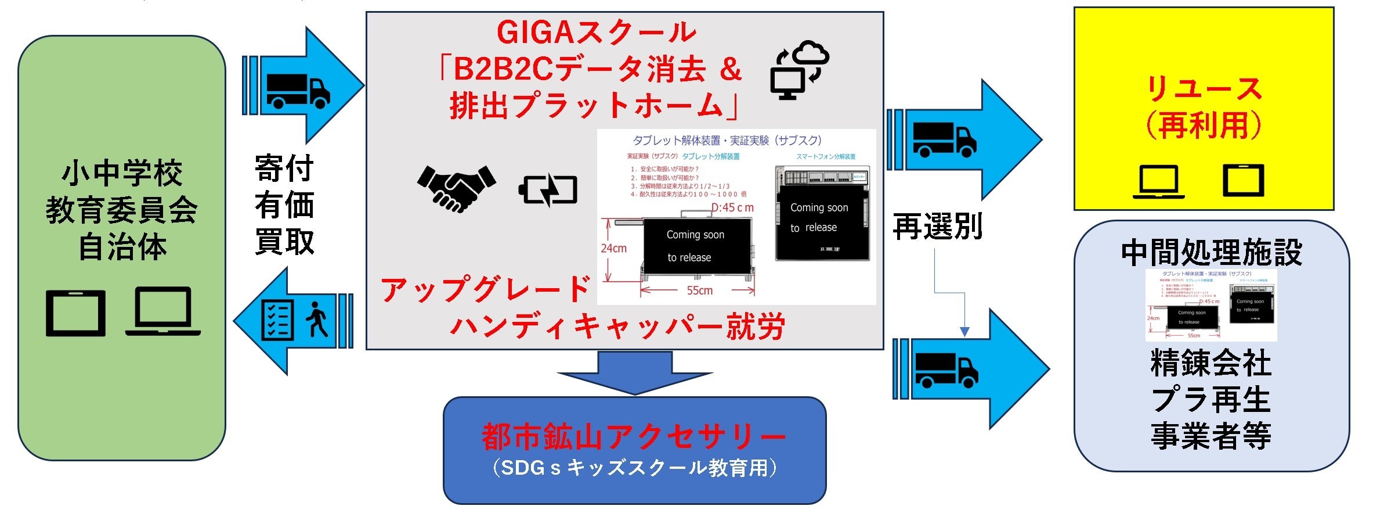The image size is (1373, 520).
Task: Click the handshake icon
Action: tap(456, 188)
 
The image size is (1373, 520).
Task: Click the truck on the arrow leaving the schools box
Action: tap(298, 91)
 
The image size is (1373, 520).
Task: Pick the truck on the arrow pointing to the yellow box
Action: tap(944, 139)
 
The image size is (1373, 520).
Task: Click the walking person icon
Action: tap(317, 319)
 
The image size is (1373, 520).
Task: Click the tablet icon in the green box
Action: tap(76, 313)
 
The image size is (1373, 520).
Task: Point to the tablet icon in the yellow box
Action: tap(1244, 181)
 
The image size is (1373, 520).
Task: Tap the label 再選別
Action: tap(937, 227)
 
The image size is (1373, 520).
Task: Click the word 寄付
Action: tap(284, 168)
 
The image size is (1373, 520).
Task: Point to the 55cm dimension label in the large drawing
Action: tap(699, 291)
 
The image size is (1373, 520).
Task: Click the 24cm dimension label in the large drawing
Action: tap(613, 249)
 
